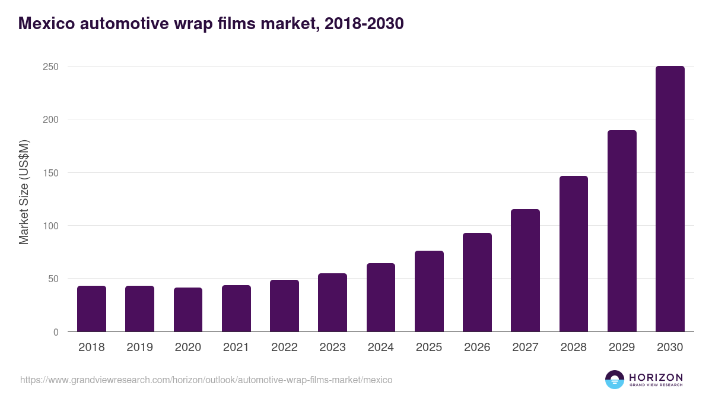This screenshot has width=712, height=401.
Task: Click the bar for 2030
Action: [x=670, y=199]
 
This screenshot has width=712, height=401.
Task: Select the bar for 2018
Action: [x=91, y=309]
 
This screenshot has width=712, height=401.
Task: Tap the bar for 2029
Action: [x=622, y=231]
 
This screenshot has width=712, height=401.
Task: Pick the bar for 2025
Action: [x=429, y=291]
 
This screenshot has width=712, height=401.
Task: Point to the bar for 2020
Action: [x=188, y=310]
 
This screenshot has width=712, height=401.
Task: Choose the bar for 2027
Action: [x=525, y=270]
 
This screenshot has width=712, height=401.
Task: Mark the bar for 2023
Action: [x=332, y=302]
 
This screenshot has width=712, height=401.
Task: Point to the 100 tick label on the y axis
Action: [x=50, y=226]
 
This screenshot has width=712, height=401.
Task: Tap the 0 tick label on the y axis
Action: [x=56, y=332]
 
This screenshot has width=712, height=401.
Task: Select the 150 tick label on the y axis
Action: [x=50, y=173]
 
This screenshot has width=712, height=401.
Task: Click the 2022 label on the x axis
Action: [x=284, y=348]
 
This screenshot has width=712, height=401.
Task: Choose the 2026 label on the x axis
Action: [x=477, y=348]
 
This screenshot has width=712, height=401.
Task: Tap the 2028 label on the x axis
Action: [x=574, y=348]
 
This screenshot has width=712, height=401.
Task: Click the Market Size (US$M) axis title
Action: [x=24, y=192]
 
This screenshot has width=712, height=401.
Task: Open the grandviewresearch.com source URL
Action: [x=206, y=380]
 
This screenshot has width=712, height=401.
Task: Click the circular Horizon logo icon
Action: [x=615, y=380]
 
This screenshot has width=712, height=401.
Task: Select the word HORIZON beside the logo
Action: [x=656, y=377]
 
